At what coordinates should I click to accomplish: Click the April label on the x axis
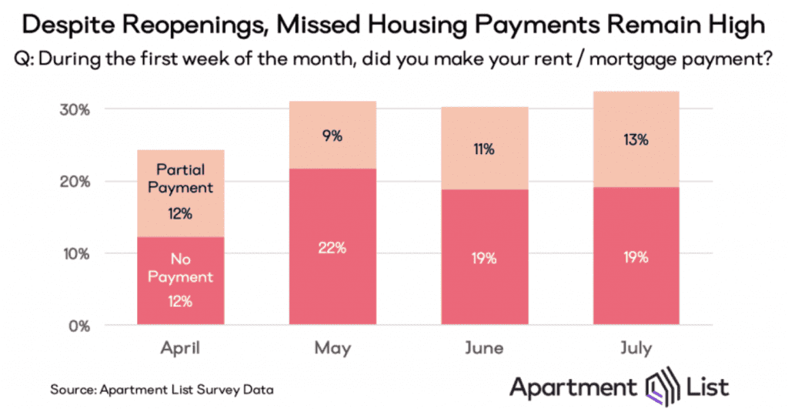coord(181,349)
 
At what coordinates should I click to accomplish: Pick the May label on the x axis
coord(332,349)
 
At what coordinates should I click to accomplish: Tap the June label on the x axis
coord(485,349)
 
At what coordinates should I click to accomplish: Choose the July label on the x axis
coord(636,349)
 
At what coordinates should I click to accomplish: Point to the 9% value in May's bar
coord(332,136)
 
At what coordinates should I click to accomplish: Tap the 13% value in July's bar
coord(636,140)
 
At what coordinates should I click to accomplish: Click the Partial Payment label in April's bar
coord(181,177)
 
